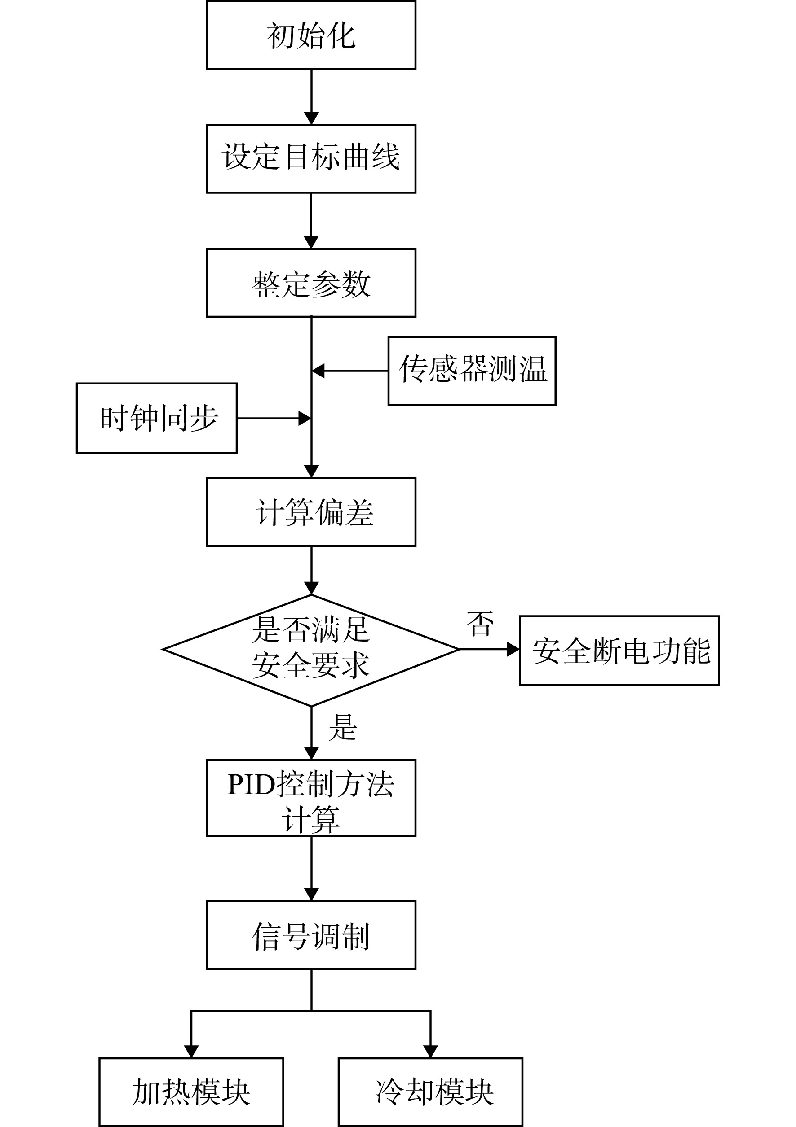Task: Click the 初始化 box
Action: click(311, 35)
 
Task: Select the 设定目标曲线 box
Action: click(311, 158)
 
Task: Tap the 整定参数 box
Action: click(311, 283)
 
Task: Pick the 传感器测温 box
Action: click(472, 371)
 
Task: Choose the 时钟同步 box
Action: click(157, 418)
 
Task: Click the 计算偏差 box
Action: click(311, 512)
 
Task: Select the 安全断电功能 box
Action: click(619, 651)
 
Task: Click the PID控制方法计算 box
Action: click(311, 798)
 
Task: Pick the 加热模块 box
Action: click(191, 1092)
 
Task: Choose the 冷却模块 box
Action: click(430, 1092)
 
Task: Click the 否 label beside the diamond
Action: click(480, 624)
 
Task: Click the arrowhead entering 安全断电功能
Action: click(513, 649)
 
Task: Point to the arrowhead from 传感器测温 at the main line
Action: click(318, 371)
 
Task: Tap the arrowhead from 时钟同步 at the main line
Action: click(305, 418)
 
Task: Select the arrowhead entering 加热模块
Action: click(191, 1052)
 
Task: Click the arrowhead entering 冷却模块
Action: click(430, 1052)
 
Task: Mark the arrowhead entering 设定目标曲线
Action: click(311, 118)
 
